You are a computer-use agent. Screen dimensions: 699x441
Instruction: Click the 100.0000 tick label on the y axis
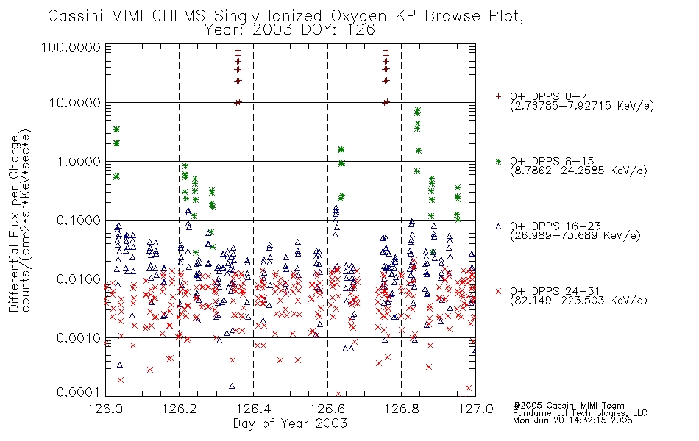coord(71,48)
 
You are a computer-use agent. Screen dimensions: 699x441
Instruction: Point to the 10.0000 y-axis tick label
coord(74,103)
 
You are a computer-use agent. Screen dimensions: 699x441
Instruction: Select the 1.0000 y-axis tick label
coord(79,162)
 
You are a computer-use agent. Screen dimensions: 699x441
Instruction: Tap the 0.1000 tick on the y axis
coord(79,220)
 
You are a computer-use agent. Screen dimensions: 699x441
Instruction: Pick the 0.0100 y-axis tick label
coord(79,279)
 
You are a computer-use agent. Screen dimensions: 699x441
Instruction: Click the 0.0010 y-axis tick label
coord(79,338)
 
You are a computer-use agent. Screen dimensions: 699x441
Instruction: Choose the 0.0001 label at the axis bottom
coord(79,392)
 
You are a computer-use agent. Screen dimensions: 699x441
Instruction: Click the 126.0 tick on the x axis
coord(106,409)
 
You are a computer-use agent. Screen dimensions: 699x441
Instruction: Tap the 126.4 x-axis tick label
coord(253,409)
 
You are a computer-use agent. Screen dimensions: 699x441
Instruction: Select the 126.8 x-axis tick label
coord(401,409)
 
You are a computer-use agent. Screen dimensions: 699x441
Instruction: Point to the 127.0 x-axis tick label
coord(475,409)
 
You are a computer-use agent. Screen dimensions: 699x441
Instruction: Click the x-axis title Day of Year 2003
coord(290,423)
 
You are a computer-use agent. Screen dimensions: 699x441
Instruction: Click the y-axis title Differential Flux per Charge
coord(14,223)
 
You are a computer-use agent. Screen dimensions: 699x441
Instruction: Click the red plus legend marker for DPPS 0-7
coord(498,96)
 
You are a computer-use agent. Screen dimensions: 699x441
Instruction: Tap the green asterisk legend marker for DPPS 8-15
coord(498,161)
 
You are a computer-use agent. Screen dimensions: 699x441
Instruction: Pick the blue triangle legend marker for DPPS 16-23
coord(498,226)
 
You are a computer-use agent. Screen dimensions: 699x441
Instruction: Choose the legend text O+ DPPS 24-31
coord(555,291)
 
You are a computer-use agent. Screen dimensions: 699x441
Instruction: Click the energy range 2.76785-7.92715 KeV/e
coord(582,107)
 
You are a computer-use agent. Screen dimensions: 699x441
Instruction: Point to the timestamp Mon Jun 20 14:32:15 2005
coord(572,420)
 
